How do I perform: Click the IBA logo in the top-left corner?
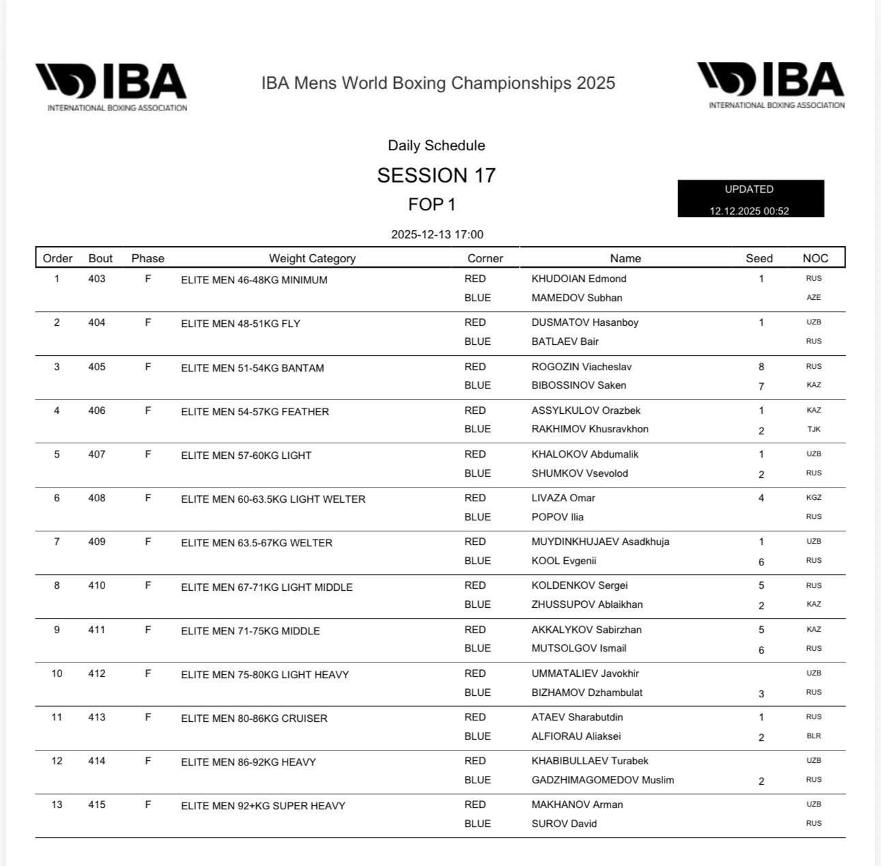pyautogui.click(x=111, y=87)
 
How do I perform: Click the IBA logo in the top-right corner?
pyautogui.click(x=770, y=85)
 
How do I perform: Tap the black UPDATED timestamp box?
pyautogui.click(x=751, y=199)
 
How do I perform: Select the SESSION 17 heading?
pyautogui.click(x=436, y=176)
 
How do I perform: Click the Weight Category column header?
pyautogui.click(x=312, y=258)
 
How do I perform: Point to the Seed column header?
pyautogui.click(x=759, y=258)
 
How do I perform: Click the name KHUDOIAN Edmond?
pyautogui.click(x=578, y=279)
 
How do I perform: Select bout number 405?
pyautogui.click(x=97, y=367)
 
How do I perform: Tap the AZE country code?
pyautogui.click(x=813, y=298)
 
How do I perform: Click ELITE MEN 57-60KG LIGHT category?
pyautogui.click(x=246, y=456)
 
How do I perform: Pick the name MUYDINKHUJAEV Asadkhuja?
pyautogui.click(x=600, y=542)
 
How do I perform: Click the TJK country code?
pyautogui.click(x=813, y=430)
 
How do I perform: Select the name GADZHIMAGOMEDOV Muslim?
pyautogui.click(x=602, y=780)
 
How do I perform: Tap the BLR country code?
pyautogui.click(x=813, y=736)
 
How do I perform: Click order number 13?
pyautogui.click(x=57, y=805)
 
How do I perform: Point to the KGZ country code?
pyautogui.click(x=813, y=498)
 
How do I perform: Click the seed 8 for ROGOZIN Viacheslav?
pyautogui.click(x=761, y=367)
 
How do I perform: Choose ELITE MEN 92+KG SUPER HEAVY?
pyautogui.click(x=263, y=806)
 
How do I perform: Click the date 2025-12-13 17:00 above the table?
pyautogui.click(x=437, y=234)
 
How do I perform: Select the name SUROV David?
pyautogui.click(x=564, y=824)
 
